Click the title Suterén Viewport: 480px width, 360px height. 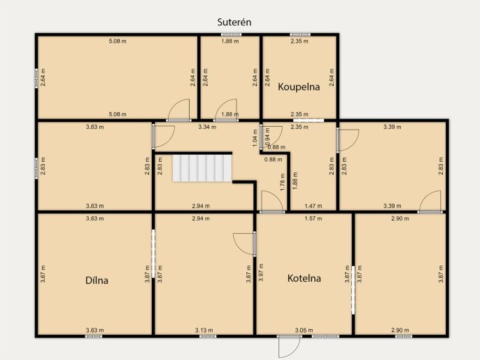click(234, 22)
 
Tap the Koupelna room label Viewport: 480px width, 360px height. click(299, 87)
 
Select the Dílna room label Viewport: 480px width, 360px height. click(97, 280)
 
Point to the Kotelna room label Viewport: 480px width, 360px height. click(304, 278)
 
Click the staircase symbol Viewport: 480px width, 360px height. click(202, 168)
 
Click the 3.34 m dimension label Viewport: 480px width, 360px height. click(207, 127)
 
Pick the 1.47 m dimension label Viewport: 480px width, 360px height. click(313, 206)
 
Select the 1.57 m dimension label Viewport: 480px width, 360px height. click(313, 219)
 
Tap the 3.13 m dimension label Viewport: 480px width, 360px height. click(204, 331)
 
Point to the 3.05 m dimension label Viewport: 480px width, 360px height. click(304, 331)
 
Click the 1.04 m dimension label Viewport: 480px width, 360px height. click(255, 138)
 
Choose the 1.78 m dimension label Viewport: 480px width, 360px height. click(283, 182)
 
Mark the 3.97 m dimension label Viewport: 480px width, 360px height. click(261, 272)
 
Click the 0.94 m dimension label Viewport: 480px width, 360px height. click(267, 137)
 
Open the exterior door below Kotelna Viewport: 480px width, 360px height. click(290, 346)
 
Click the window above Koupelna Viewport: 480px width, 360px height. click(300, 34)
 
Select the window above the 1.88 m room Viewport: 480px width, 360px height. click(232, 34)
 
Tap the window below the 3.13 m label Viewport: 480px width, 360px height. click(208, 336)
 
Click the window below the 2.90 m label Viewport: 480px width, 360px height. click(404, 336)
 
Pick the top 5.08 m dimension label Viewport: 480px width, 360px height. click(118, 41)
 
